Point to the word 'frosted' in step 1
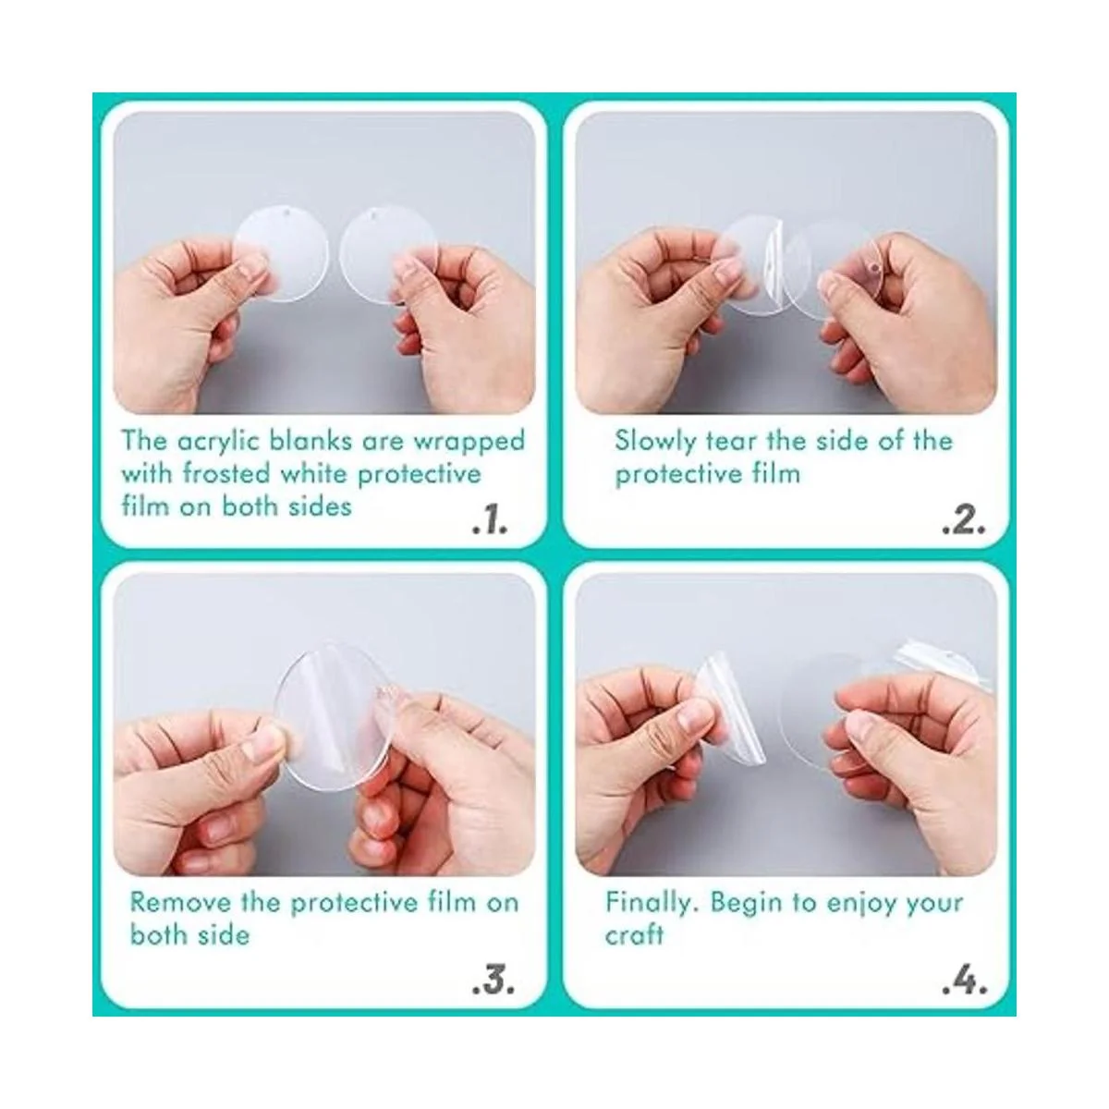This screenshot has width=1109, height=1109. [225, 474]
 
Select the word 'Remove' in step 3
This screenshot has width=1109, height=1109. [180, 902]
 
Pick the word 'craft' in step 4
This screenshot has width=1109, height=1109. [634, 935]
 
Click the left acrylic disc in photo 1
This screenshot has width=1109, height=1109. [280, 254]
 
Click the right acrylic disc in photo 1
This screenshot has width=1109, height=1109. [387, 254]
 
